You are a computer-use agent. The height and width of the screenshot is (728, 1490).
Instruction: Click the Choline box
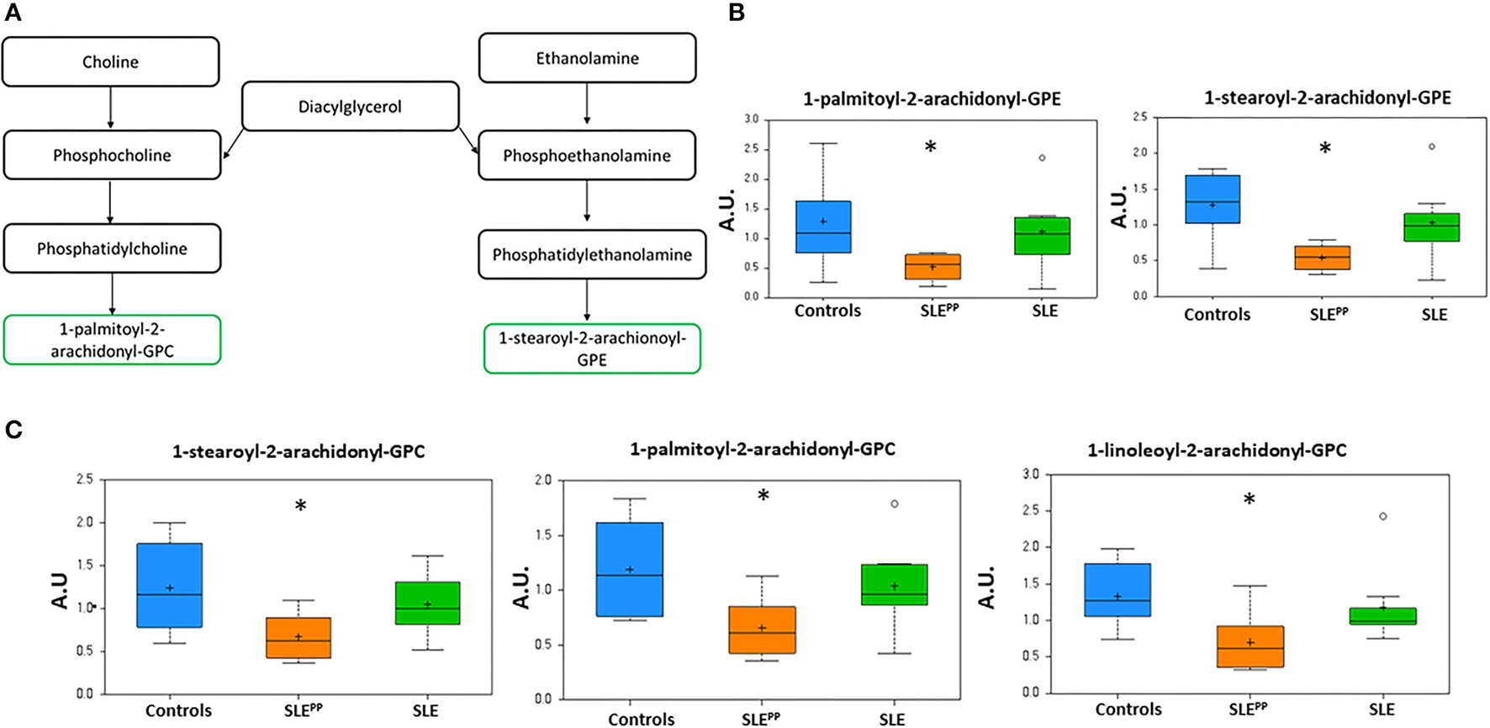110,61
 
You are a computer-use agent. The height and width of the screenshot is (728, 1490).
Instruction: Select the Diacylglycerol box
350,107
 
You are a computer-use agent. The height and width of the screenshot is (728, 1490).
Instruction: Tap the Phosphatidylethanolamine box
592,254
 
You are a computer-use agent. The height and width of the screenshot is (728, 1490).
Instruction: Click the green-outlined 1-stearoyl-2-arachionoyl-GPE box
592,348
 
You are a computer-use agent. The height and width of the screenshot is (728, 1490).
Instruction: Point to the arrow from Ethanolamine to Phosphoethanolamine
587,105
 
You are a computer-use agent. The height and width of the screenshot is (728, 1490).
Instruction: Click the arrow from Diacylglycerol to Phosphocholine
233,143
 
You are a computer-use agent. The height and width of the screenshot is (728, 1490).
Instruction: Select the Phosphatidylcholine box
112,248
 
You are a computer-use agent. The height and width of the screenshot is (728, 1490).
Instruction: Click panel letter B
737,13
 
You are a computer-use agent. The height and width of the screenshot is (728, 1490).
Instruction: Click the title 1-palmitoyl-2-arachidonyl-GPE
932,98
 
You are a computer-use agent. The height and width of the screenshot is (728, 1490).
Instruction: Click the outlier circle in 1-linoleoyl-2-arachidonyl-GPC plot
1382,516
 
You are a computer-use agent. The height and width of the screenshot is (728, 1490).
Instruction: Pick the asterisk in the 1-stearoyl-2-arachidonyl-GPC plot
300,506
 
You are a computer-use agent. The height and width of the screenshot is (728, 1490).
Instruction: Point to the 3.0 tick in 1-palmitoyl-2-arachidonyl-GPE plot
751,120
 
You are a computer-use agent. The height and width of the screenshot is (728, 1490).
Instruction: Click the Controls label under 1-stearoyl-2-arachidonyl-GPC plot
178,710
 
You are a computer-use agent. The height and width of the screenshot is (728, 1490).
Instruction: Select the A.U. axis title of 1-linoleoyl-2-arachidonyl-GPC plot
987,587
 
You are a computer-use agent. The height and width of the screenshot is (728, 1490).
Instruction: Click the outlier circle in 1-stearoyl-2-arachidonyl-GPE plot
1432,146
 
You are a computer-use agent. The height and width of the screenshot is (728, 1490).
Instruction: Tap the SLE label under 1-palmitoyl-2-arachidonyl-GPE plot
1044,311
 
